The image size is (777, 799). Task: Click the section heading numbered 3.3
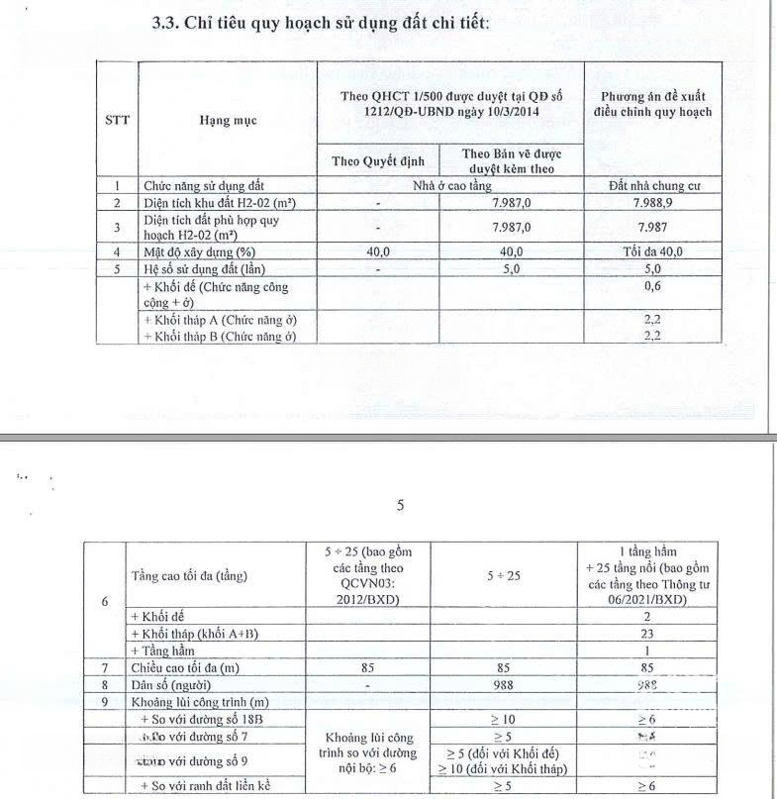coord(322,24)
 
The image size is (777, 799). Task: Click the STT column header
coord(117,120)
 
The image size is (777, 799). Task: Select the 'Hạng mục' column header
coord(228,120)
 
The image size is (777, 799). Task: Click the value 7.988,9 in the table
coord(652,201)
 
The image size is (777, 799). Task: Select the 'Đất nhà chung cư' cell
coord(652,184)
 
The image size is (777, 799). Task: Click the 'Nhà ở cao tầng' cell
coord(449,184)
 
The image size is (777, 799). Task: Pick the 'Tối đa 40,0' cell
coord(652,252)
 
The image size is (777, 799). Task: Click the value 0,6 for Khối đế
coord(652,286)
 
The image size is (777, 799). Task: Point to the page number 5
coord(400,506)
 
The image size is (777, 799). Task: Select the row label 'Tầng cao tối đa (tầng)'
coord(188,575)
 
